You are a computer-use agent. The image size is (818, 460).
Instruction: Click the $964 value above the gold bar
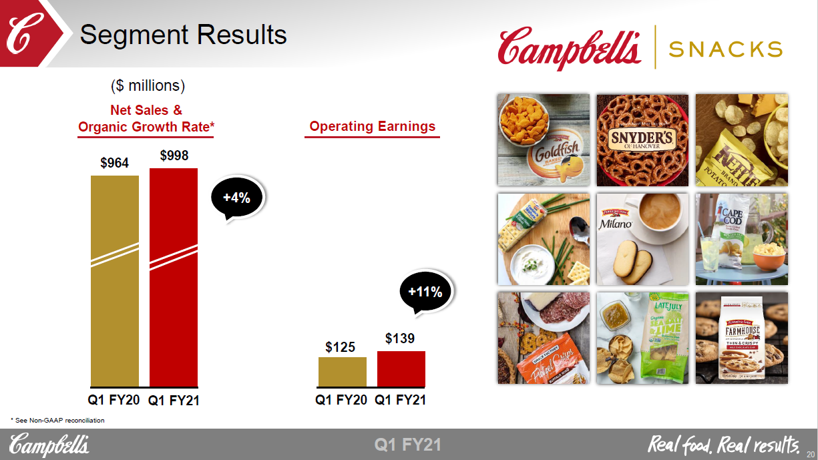[115, 163]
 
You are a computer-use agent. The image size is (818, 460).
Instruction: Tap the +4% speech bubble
[236, 198]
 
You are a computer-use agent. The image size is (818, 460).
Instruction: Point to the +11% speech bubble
[425, 292]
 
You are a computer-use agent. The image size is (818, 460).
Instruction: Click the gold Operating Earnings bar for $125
[343, 372]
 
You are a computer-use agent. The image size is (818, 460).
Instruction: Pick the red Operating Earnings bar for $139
[401, 369]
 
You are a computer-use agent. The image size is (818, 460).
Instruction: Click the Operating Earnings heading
[372, 126]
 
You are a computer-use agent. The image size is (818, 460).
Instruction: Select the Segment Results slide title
[184, 34]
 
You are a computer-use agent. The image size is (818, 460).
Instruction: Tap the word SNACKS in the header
[725, 49]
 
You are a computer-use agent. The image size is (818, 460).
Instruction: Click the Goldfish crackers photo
[544, 140]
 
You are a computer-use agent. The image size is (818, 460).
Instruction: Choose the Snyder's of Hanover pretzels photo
[642, 140]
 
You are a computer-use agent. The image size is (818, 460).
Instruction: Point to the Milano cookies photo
[642, 239]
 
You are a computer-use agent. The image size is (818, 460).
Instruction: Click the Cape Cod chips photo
[741, 239]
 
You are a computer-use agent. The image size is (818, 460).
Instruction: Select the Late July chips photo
[642, 338]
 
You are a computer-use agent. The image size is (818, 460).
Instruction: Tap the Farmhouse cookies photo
[741, 338]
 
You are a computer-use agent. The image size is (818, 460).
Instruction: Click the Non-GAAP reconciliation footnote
[58, 420]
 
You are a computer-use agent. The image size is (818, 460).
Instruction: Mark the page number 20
[810, 451]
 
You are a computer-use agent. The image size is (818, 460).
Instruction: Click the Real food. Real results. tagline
[724, 444]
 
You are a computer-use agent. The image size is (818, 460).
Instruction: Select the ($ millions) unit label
[148, 85]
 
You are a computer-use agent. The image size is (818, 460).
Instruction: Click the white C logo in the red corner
[22, 33]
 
